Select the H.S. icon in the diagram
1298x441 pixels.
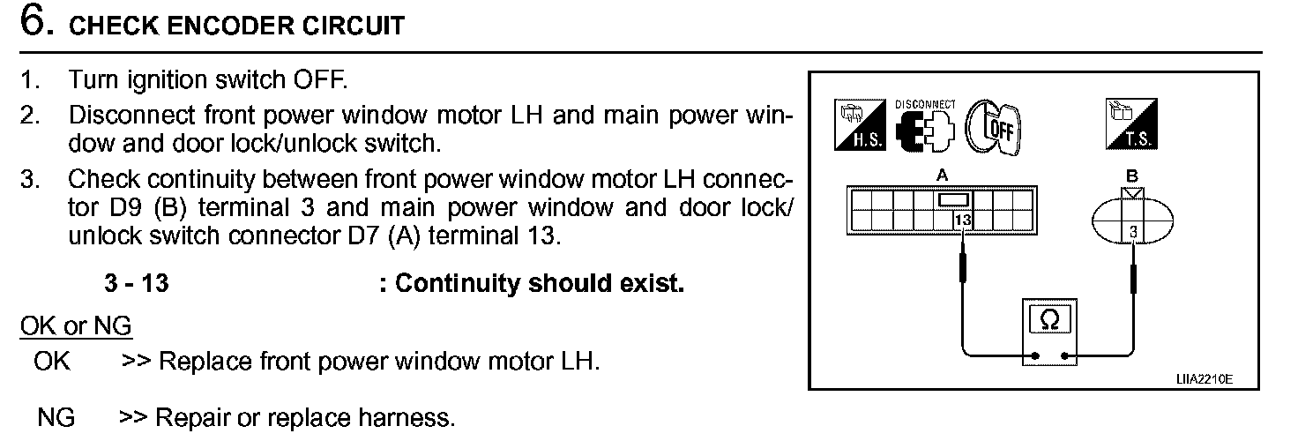click(x=855, y=124)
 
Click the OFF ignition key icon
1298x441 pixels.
click(x=992, y=125)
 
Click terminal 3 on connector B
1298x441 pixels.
click(x=1132, y=232)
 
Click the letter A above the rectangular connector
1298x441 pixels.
click(x=944, y=176)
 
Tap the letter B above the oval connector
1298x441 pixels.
click(x=1132, y=176)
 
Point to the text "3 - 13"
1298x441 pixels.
click(x=137, y=284)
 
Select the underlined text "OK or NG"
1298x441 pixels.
click(x=76, y=326)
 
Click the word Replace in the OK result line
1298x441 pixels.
click(x=205, y=362)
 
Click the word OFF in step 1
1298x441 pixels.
click(x=310, y=80)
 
